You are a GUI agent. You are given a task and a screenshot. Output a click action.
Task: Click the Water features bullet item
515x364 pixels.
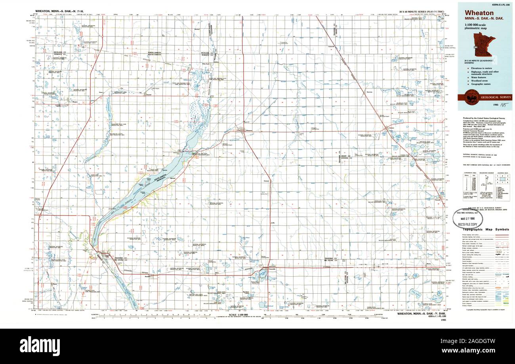point(480,77)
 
